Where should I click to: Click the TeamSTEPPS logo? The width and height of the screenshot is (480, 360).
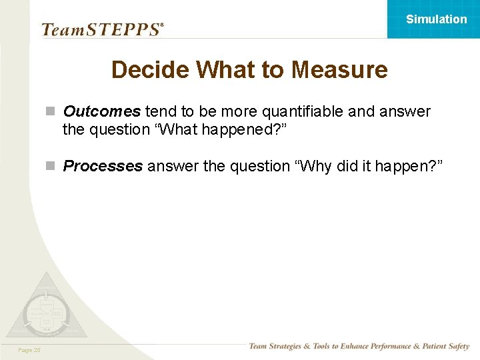(102, 29)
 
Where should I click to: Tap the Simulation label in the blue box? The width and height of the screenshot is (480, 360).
(437, 19)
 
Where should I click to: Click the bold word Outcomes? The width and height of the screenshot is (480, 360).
(102, 111)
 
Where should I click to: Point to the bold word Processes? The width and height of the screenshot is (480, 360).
(103, 166)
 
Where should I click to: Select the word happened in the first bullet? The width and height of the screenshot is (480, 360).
(237, 129)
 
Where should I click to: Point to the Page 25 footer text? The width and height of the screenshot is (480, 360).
(29, 349)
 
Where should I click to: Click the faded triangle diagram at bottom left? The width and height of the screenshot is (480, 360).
(45, 308)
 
